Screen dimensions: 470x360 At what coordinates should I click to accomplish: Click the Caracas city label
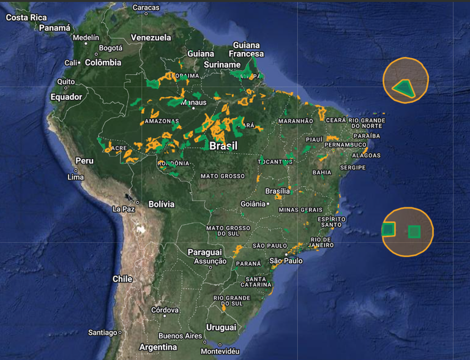146,7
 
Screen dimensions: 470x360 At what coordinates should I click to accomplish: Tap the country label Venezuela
151,37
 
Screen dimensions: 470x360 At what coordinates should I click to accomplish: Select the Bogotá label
111,48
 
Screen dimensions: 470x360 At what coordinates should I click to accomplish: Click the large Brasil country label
223,146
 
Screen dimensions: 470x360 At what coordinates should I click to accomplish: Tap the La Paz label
124,209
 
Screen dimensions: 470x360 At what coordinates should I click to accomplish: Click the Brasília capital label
278,191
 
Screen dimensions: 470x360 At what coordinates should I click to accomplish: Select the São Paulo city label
286,261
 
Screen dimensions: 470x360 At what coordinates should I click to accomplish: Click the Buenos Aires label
179,336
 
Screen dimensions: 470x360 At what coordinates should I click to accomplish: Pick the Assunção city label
210,261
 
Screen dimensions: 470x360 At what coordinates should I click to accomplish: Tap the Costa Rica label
26,17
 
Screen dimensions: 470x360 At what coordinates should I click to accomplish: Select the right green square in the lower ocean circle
414,231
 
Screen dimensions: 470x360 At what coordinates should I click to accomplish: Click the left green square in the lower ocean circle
388,230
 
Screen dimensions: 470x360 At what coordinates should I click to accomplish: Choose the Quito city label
66,81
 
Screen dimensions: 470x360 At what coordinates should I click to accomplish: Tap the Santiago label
102,332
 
